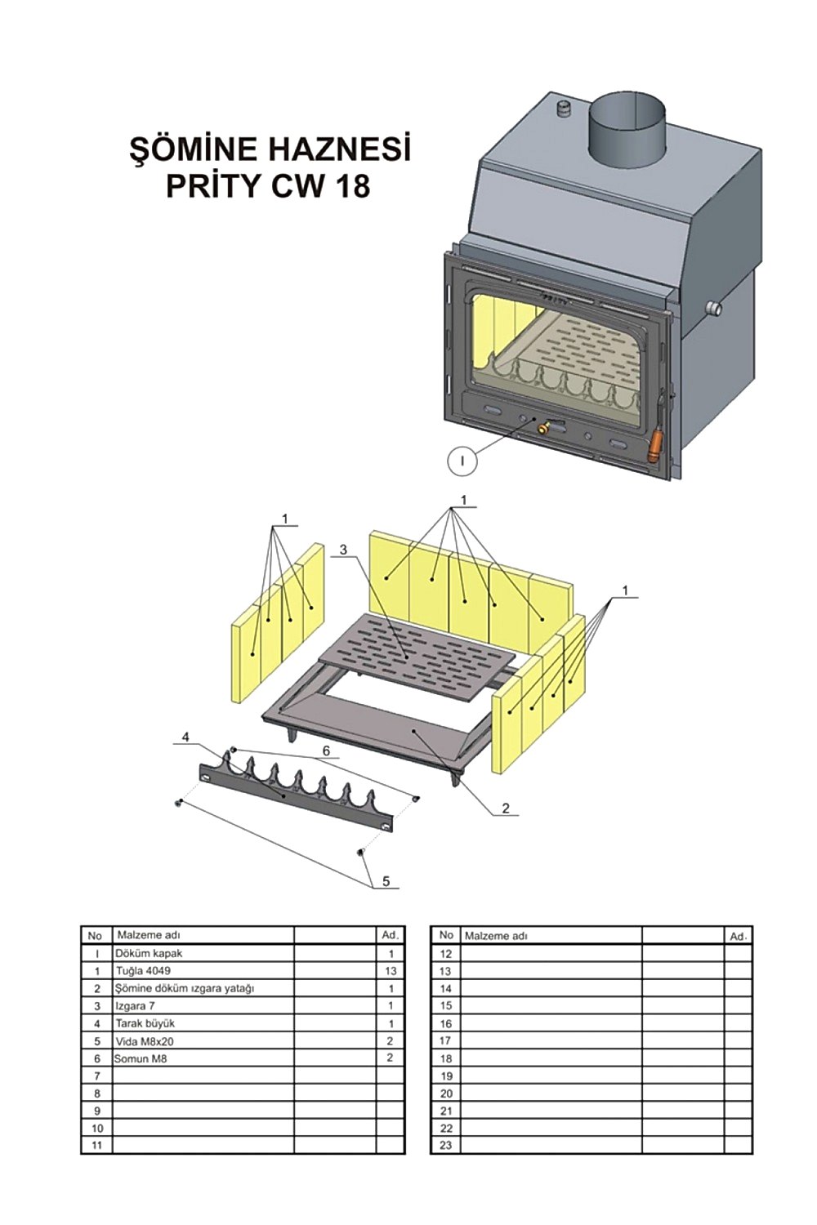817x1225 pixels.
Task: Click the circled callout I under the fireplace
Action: (x=462, y=461)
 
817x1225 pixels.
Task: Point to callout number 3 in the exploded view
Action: (x=343, y=550)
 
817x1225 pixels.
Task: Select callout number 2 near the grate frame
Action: (x=505, y=808)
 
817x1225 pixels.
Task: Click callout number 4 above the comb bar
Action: (x=185, y=737)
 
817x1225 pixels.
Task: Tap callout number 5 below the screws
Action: (x=386, y=881)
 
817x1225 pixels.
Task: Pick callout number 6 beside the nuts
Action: (x=326, y=751)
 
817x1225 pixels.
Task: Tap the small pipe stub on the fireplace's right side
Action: (x=713, y=309)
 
